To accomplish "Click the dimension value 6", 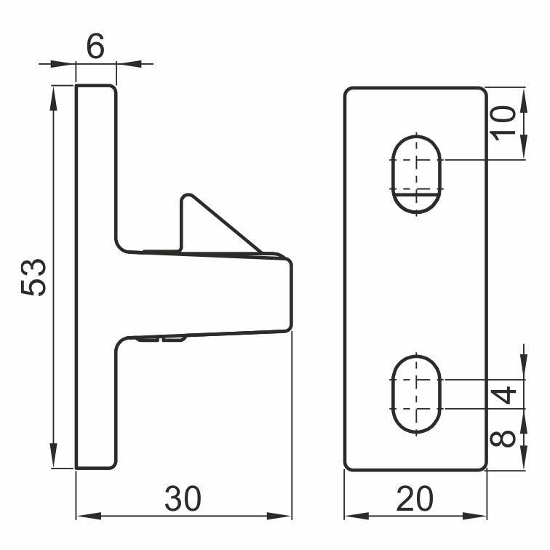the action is click(95, 46).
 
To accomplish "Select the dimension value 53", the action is click(33, 277).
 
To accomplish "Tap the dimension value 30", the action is click(183, 498).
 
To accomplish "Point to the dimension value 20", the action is click(415, 498).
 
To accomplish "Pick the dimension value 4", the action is click(503, 394).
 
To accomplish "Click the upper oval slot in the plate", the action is click(416, 175).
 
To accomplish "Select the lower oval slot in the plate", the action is click(416, 394).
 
